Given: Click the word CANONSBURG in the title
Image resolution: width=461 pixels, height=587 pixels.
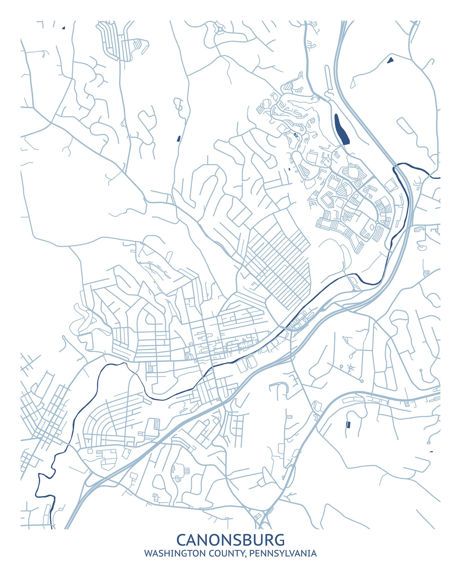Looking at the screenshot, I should (x=230, y=540).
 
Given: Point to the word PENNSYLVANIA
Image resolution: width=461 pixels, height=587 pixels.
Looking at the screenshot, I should (x=283, y=553).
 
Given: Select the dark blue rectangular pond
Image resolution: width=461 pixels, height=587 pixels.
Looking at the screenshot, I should (x=348, y=425).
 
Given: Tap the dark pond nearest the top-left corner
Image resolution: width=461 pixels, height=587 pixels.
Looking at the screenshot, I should (x=64, y=28).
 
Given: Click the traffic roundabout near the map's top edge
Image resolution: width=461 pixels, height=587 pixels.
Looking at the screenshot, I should (x=220, y=29).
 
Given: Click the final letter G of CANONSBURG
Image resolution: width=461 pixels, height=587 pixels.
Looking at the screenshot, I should (x=279, y=540).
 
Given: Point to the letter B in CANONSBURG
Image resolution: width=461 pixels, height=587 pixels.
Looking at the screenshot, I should (x=249, y=540).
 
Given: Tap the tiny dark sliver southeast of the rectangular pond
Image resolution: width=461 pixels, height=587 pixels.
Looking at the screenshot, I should (x=431, y=452).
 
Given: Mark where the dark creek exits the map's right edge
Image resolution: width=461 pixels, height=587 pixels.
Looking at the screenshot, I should (x=440, y=177).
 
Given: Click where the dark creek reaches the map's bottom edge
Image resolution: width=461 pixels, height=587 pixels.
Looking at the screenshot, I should (x=52, y=528).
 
